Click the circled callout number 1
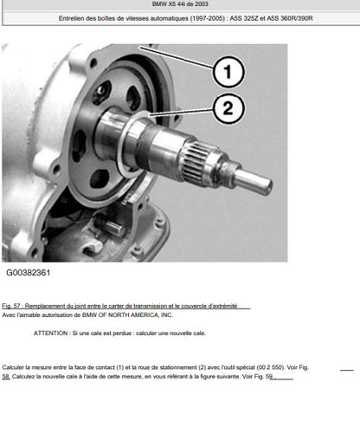pyautogui.click(x=228, y=72)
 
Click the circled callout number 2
pyautogui.click(x=228, y=108)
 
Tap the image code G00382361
pyautogui.click(x=29, y=273)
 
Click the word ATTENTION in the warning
pyautogui.click(x=50, y=333)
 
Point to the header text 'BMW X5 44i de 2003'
pyautogui.click(x=180, y=4)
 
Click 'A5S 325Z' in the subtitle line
pyautogui.click(x=244, y=18)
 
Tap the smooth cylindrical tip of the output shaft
pyautogui.click(x=254, y=182)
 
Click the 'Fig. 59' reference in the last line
pyautogui.click(x=263, y=377)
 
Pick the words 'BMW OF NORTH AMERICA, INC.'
pyautogui.click(x=127, y=315)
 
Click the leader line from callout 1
pyautogui.click(x=177, y=57)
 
